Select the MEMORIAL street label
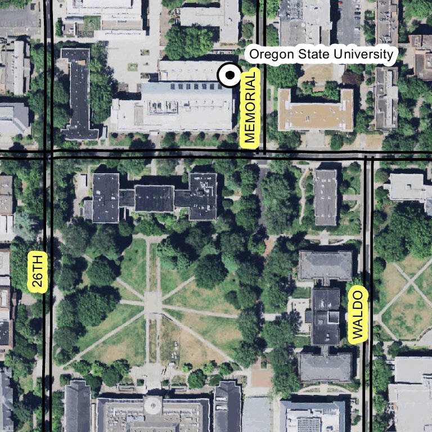click(250, 107)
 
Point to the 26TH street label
click(38, 271)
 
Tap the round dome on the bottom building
click(152, 405)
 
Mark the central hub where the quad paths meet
click(152, 304)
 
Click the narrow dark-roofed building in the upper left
click(79, 93)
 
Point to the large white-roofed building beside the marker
click(174, 107)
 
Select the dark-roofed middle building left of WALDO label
click(326, 316)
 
